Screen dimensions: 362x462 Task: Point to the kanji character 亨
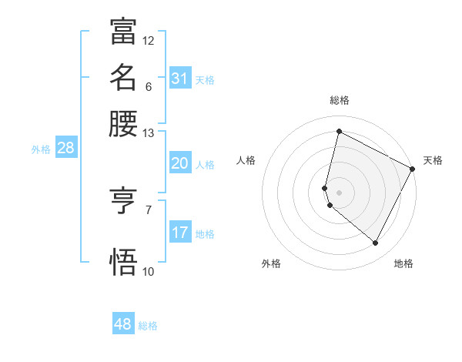coord(123,202)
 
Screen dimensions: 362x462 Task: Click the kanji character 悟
coord(123,261)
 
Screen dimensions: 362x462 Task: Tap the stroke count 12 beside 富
coord(149,40)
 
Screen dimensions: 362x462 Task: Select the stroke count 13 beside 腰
coord(149,133)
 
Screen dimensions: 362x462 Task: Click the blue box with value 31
coord(180,79)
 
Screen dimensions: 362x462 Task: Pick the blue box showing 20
coord(180,163)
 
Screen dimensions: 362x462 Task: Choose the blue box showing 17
coord(180,233)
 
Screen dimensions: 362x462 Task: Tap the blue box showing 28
coord(65,149)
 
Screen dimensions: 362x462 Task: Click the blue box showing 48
coord(123,324)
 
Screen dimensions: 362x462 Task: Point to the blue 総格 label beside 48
coord(148,326)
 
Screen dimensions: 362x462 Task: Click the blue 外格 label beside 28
coord(40,149)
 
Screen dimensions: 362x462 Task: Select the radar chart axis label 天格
coord(433,160)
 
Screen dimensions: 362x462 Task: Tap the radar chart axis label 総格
coord(340,100)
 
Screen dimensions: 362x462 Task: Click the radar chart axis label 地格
coord(403,263)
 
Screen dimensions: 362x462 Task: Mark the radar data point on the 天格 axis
coord(413,169)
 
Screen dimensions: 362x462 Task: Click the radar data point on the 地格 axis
coord(375,243)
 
